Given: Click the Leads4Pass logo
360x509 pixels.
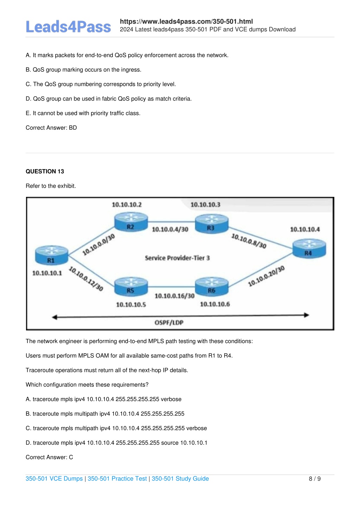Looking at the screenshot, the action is (x=68, y=27).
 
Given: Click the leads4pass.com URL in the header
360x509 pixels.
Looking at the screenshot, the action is (x=186, y=21).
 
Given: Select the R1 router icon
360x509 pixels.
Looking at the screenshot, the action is (x=52, y=255).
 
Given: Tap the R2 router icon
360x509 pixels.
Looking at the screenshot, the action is (x=131, y=222).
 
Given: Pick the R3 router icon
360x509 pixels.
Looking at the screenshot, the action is (x=212, y=224).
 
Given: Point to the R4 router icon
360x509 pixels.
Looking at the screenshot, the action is (x=309, y=249).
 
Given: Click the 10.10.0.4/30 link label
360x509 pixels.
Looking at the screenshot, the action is (x=170, y=229).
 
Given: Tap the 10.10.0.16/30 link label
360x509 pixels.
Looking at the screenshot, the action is (x=174, y=296).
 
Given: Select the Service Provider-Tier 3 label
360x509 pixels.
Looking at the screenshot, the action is (x=177, y=258).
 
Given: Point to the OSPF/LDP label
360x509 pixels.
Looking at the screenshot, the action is (x=169, y=322).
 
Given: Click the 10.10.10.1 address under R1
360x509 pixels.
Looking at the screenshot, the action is (x=47, y=273).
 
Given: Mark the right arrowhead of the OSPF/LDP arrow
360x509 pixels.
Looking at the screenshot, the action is (x=309, y=315).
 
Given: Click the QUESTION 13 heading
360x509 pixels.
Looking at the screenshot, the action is (x=45, y=171).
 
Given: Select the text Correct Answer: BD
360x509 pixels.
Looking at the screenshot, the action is (x=51, y=128).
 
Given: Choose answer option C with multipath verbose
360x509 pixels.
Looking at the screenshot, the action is (x=116, y=428).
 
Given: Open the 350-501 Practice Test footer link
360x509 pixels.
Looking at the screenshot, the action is (x=117, y=478).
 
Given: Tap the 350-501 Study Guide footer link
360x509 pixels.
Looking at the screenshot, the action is (x=180, y=478).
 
